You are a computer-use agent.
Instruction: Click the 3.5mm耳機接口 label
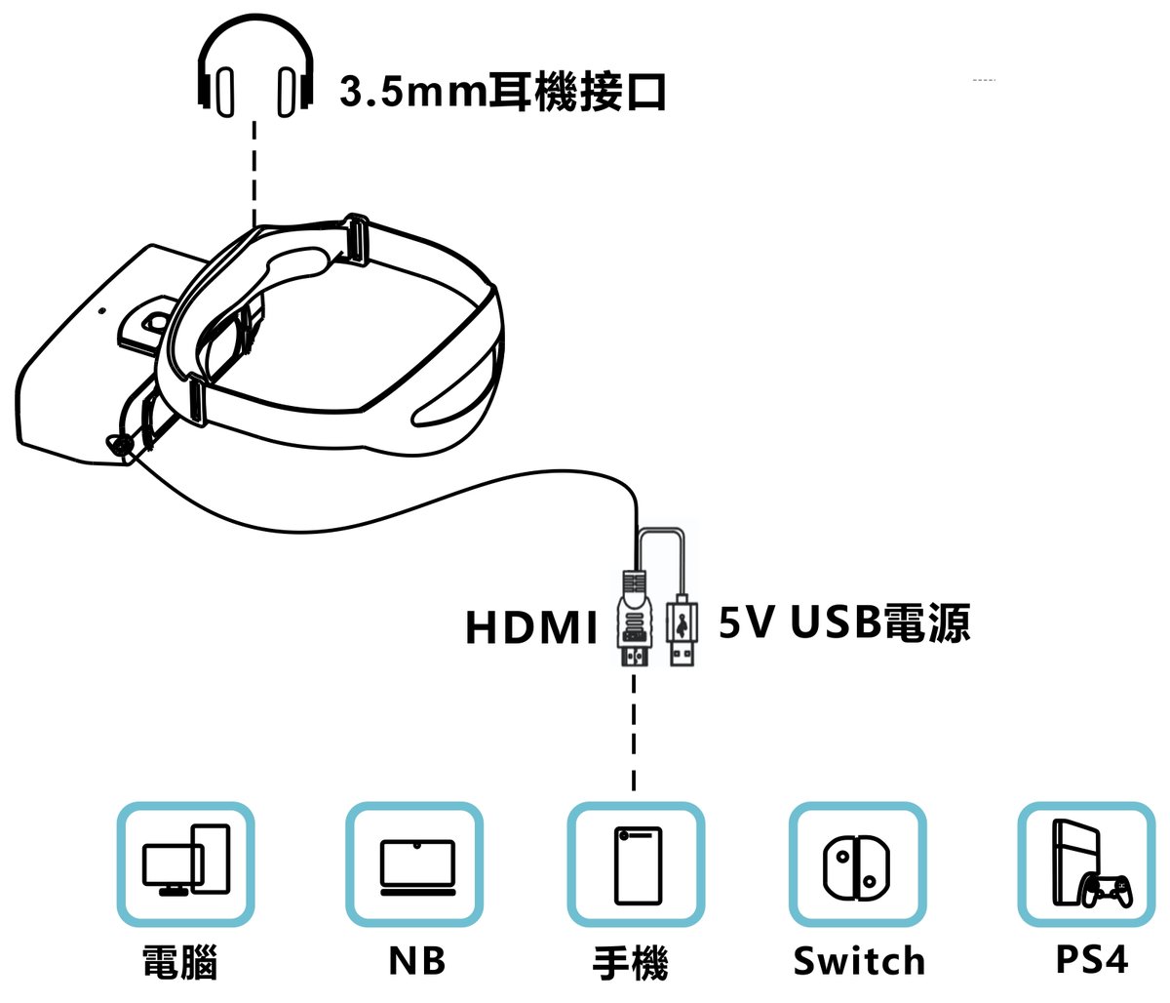coord(503,92)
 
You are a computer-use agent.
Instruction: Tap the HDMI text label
coord(530,627)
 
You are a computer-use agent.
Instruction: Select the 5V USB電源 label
coord(844,622)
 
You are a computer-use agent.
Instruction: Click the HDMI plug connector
coord(634,620)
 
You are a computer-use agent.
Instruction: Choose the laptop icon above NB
coord(417,866)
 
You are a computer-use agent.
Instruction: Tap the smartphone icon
coord(638,864)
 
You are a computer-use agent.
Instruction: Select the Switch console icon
coord(856,865)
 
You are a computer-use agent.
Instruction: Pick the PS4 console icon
coord(1088,864)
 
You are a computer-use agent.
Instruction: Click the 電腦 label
coord(179,961)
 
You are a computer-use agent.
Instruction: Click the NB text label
coord(416,960)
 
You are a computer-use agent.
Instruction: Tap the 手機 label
coord(631,963)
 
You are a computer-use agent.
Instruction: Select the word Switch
coord(858,961)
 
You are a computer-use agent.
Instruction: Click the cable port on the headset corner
coord(123,445)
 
